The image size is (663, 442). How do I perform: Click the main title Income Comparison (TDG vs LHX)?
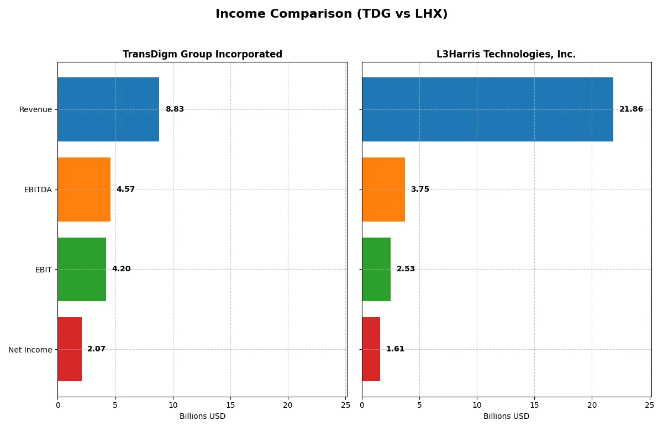point(331,14)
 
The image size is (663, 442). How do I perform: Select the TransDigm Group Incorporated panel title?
point(202,54)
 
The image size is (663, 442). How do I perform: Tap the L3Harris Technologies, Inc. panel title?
point(506,54)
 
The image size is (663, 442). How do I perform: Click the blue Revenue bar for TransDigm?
point(108,109)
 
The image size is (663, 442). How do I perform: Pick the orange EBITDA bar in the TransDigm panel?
point(84,190)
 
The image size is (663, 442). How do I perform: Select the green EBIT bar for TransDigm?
point(82,269)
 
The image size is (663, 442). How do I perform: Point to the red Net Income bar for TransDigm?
point(70,349)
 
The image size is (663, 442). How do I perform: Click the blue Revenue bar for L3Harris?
point(487,109)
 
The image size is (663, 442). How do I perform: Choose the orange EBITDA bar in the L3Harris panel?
point(383,190)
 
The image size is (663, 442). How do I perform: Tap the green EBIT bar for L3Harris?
point(376,269)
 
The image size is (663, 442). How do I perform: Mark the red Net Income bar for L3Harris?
point(371,349)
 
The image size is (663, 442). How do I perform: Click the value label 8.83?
point(175,109)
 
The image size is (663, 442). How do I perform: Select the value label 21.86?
point(631,109)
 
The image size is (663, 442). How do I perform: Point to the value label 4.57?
point(125,190)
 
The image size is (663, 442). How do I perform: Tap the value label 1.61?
point(395,349)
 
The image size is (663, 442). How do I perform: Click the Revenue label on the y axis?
point(35,109)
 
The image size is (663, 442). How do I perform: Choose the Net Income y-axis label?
point(30,349)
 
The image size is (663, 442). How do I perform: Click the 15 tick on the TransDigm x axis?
point(230,406)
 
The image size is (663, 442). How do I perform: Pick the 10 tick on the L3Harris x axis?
point(477,406)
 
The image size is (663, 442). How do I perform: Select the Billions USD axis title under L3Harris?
point(506,416)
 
